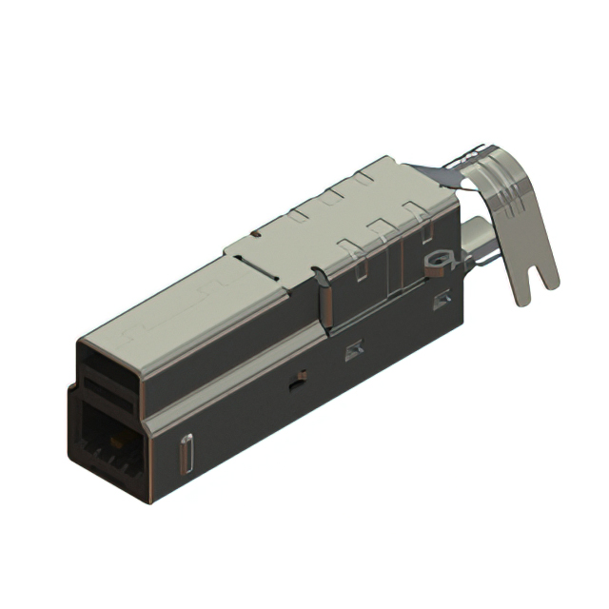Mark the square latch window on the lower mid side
pos(354,350)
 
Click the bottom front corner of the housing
pos(147,501)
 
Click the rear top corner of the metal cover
pos(387,160)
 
